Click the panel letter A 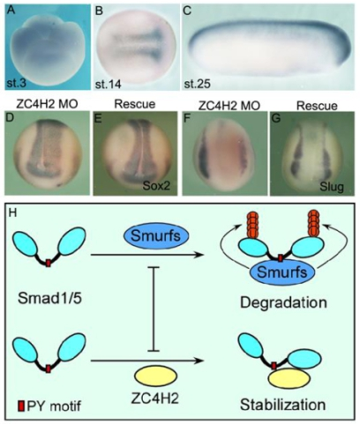click(x=11, y=11)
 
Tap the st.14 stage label click(x=109, y=85)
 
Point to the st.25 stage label click(x=198, y=85)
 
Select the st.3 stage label click(x=17, y=83)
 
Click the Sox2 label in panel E click(x=156, y=186)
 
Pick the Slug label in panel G click(x=332, y=187)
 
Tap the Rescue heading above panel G click(x=317, y=106)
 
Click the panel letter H click(x=12, y=213)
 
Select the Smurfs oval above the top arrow click(x=155, y=235)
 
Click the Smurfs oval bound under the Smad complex click(x=282, y=272)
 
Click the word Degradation click(x=283, y=302)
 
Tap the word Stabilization click(x=283, y=405)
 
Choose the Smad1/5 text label click(x=49, y=299)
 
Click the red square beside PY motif click(x=21, y=406)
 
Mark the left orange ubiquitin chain click(x=252, y=224)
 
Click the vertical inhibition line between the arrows click(x=153, y=309)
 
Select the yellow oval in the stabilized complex click(x=289, y=378)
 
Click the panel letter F click(x=188, y=118)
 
